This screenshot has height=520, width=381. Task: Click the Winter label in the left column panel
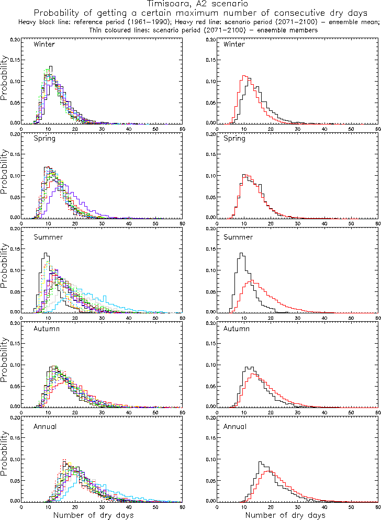[44, 44]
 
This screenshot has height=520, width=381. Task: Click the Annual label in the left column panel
[46, 426]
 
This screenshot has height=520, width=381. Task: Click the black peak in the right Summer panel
[241, 254]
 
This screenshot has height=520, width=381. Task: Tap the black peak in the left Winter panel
[51, 67]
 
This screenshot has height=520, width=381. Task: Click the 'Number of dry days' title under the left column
[93, 515]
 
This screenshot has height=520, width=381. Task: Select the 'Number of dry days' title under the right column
[285, 515]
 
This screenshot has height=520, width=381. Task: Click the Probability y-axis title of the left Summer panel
[5, 270]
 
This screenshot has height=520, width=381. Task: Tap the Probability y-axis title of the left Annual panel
[5, 459]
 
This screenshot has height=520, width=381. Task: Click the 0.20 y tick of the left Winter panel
[16, 39]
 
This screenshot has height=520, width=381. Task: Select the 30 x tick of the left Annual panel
[102, 507]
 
